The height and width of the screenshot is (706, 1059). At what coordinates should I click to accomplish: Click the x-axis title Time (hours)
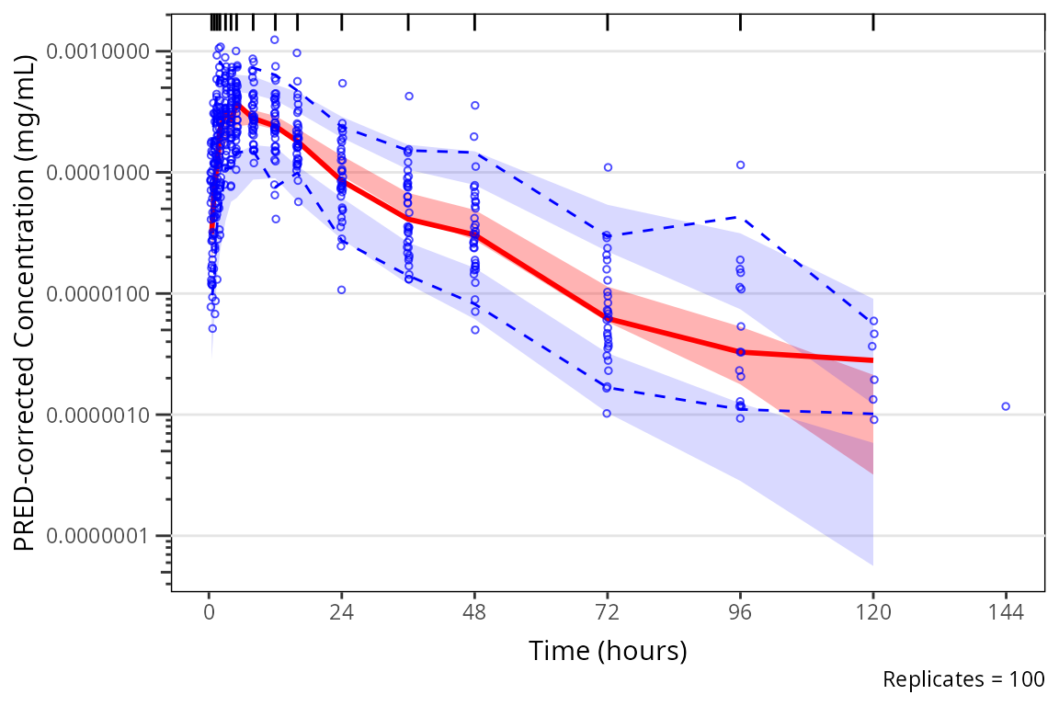pos(608,651)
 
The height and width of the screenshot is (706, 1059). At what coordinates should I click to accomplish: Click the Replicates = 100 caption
pos(962,680)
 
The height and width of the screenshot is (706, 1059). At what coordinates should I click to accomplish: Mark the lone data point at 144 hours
pos(1006,406)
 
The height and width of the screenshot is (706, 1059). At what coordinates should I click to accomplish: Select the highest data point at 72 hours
pos(608,167)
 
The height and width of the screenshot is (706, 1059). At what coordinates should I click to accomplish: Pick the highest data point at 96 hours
pos(740,165)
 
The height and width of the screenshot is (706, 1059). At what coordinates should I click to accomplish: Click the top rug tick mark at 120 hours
pos(873,22)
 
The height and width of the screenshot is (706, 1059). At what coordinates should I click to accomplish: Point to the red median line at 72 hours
pos(608,319)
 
